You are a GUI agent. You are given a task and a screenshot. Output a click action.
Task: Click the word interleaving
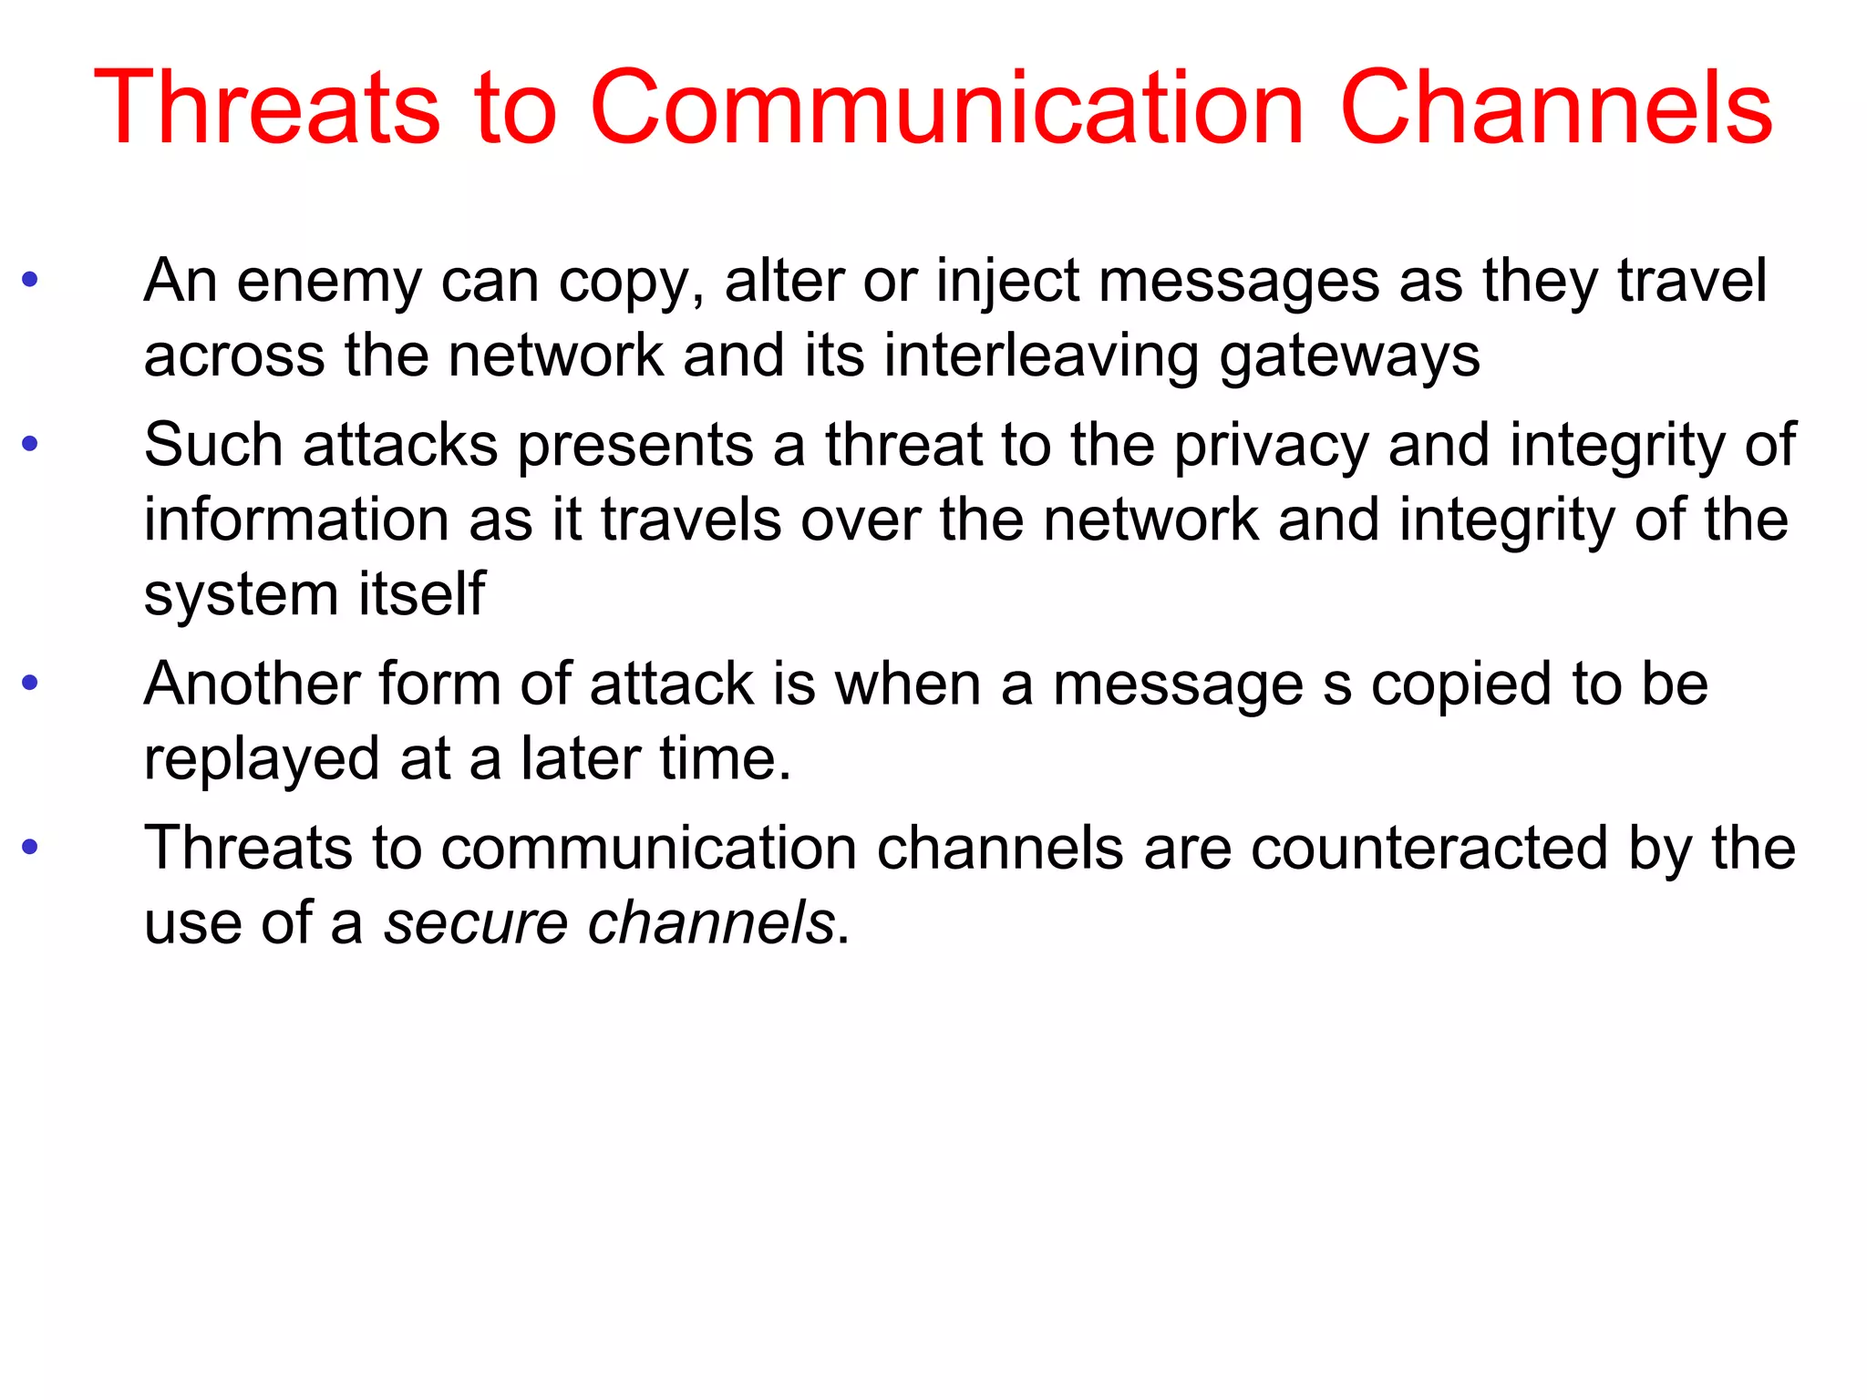[x=1041, y=355]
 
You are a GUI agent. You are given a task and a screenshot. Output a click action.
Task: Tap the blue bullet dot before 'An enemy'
[x=30, y=279]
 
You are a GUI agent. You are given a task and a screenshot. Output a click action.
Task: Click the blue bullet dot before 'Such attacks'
[x=30, y=444]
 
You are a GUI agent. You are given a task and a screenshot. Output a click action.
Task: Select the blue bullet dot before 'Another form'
[x=30, y=683]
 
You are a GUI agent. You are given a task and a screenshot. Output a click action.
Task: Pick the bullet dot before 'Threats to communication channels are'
[x=30, y=847]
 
